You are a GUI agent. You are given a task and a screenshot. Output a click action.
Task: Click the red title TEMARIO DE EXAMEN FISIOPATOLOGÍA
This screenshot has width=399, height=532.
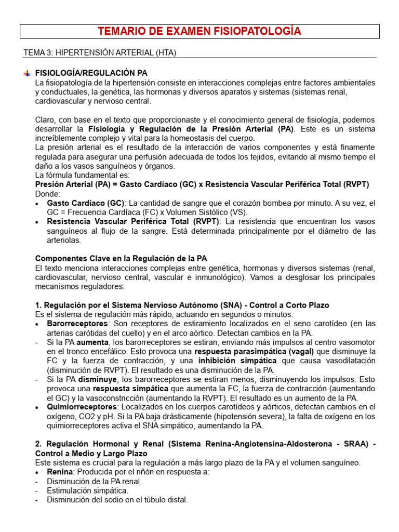pos(199,32)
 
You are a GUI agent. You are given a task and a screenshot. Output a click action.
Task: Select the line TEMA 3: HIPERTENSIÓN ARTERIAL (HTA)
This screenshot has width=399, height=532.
pos(103,53)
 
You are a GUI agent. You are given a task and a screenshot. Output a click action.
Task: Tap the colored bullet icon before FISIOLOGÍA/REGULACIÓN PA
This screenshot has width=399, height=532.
pos(26,73)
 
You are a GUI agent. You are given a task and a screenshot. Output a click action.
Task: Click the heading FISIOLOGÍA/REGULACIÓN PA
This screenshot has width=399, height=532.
pos(95,73)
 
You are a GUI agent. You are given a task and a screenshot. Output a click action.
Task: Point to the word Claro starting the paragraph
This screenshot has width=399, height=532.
pos(46,119)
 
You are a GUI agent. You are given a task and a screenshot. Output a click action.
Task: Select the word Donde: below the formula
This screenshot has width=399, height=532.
pos(47,193)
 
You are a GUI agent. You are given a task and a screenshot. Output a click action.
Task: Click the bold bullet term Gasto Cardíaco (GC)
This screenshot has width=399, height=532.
pos(86,203)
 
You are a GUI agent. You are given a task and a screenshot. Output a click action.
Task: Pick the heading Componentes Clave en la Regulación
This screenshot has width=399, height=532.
pos(121,258)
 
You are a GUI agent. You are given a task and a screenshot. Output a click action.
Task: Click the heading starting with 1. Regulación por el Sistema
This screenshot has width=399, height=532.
pos(182,305)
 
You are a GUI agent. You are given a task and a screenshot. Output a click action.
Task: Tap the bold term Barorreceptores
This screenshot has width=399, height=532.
pos(76,324)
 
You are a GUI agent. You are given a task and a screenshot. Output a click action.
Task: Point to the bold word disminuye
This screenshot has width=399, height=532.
pos(97,380)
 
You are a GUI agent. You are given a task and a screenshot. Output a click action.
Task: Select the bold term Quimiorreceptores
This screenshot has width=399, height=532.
pos(82,407)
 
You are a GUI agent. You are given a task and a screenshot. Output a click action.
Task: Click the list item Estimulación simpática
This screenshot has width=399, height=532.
pos(87,490)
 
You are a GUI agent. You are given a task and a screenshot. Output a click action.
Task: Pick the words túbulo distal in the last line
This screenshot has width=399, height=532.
pos(165,500)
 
